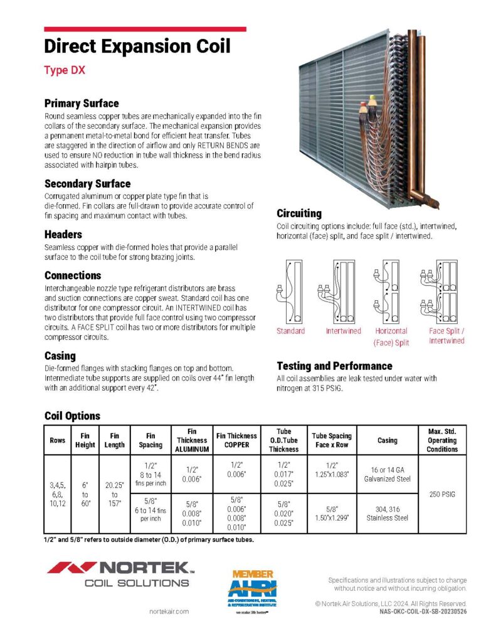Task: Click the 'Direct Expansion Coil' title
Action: (137, 46)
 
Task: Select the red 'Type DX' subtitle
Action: (65, 70)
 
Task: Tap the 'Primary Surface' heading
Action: (82, 103)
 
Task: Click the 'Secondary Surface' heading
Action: (87, 184)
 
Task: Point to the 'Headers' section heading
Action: (63, 234)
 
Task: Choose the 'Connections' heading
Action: (73, 275)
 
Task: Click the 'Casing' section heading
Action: (60, 355)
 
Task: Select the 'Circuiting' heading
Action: (299, 213)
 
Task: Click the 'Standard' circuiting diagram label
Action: (290, 331)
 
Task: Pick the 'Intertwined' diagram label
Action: (343, 331)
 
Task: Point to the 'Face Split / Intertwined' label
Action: (446, 336)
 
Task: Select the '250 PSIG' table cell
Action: (442, 494)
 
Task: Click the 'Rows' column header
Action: (57, 440)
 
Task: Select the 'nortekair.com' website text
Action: (169, 611)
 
